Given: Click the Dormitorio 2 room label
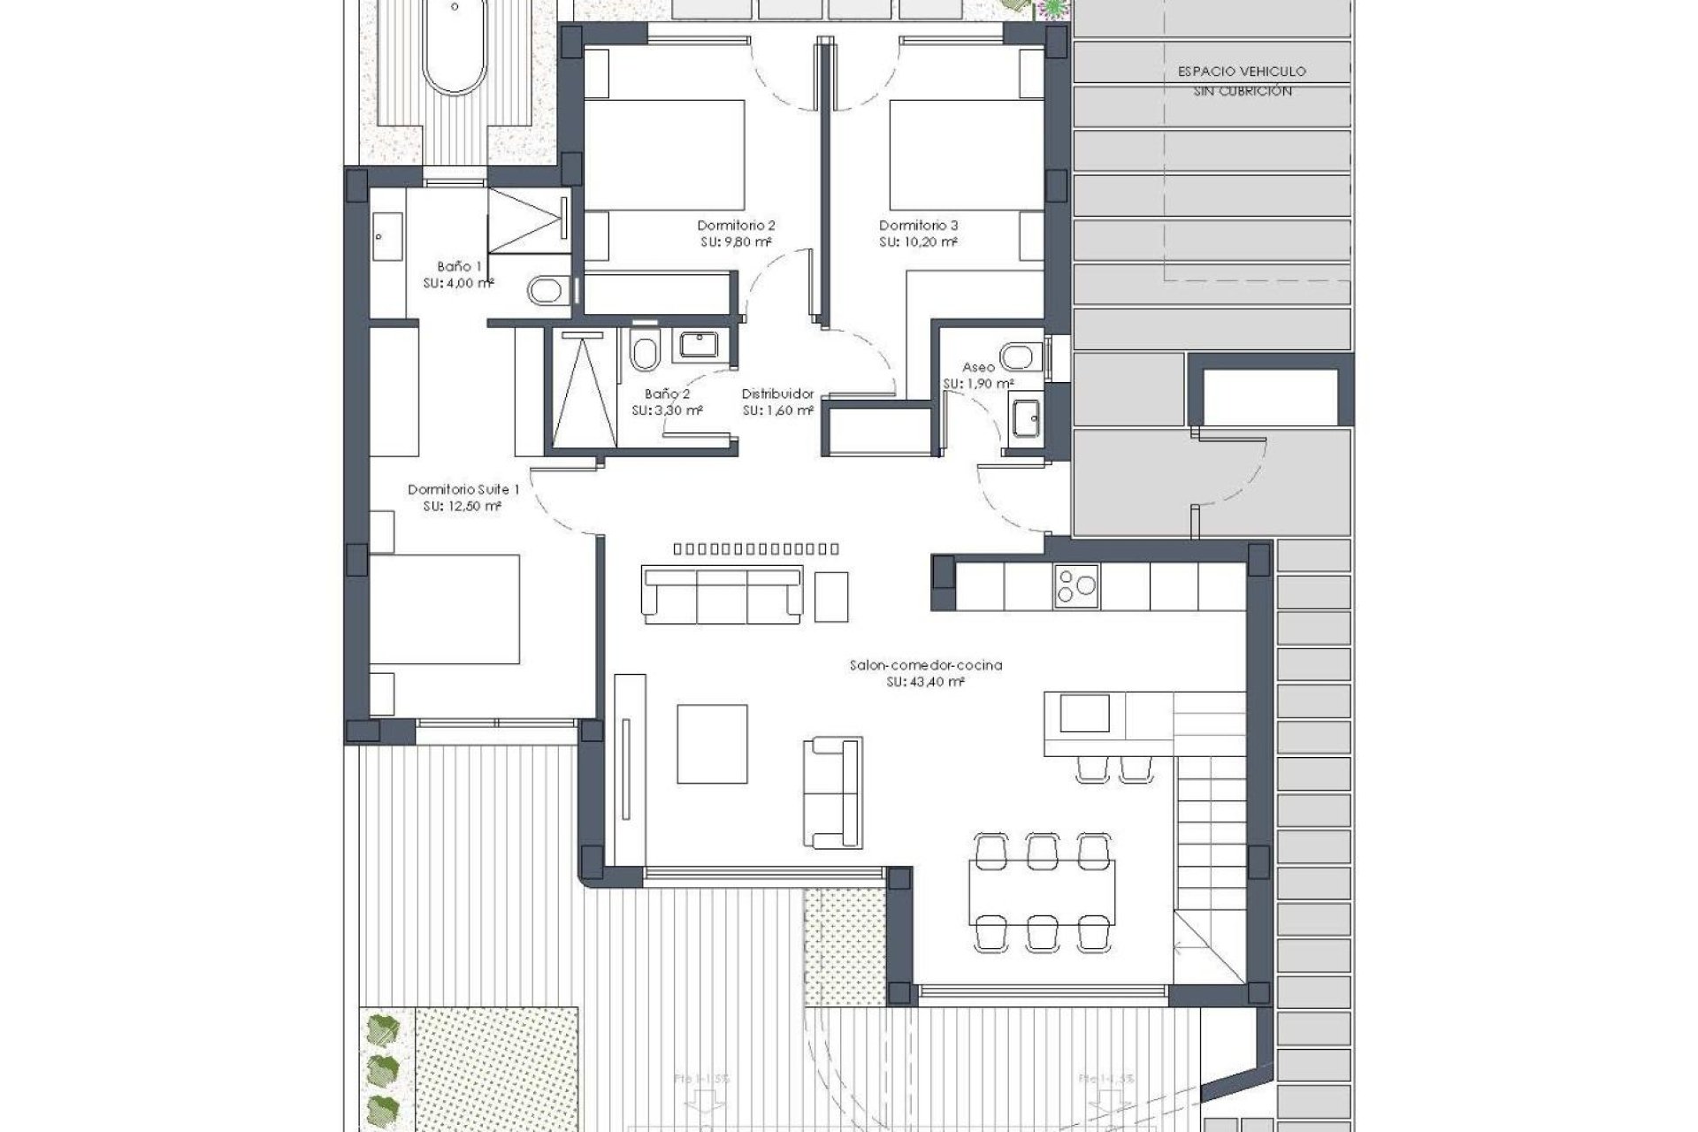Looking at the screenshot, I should [736, 226].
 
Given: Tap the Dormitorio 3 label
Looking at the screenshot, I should [918, 226].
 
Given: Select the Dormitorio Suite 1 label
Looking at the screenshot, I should [463, 489].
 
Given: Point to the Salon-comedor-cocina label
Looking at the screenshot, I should [925, 665].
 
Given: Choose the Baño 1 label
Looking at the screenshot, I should [459, 266].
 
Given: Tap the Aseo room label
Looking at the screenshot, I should [979, 367].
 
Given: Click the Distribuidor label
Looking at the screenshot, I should [776, 394].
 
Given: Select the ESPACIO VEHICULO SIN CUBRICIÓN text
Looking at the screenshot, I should [1242, 80].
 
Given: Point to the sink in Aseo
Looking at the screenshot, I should [1027, 416].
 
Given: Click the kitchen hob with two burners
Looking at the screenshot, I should [1075, 586].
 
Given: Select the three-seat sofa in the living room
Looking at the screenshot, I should [723, 595].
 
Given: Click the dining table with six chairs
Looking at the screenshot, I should [1042, 891].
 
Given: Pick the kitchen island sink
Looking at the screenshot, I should [1084, 714].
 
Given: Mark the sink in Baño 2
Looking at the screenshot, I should [701, 344].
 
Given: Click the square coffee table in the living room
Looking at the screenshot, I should [712, 744].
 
